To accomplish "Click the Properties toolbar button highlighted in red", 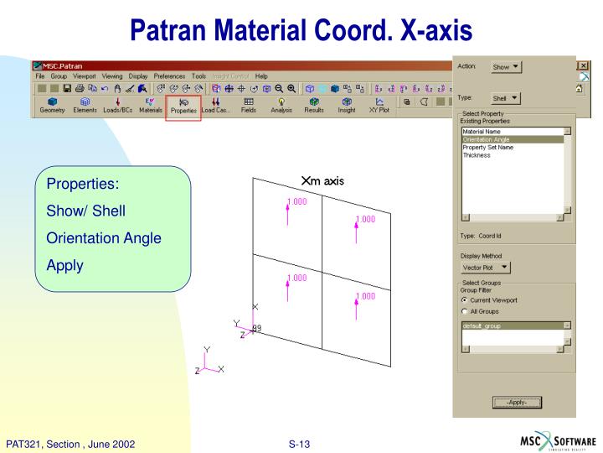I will (183, 105).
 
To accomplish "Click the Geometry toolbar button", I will (52, 105).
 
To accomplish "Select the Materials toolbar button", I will (151, 105).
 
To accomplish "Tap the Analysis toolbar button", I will (281, 105).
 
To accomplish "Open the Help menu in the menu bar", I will (261, 76).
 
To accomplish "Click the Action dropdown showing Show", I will (505, 67).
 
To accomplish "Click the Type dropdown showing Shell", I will (503, 98).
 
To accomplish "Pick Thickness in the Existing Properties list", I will (477, 154).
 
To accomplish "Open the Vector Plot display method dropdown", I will (486, 267).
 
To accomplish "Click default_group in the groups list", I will (482, 325).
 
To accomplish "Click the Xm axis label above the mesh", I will (322, 180).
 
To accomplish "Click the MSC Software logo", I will (556, 441).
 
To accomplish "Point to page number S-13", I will (299, 442).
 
